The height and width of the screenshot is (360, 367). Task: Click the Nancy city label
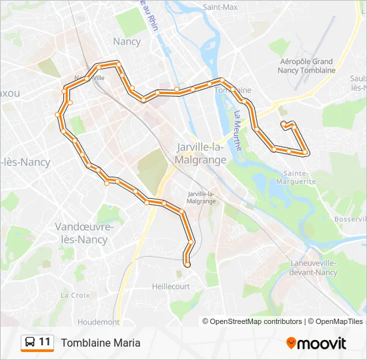[127, 41]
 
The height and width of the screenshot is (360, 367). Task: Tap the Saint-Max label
[220, 7]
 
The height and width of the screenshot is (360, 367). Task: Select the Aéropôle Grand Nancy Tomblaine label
[306, 65]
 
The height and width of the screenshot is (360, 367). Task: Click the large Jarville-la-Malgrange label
[201, 154]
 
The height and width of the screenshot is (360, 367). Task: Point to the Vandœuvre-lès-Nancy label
[84, 233]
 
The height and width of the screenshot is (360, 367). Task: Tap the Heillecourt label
[171, 286]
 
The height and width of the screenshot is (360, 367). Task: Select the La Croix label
[75, 295]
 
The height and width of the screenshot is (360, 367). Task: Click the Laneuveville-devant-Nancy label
[314, 267]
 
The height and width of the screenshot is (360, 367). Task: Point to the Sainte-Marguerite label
[295, 177]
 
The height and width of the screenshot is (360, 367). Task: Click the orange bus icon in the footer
[29, 343]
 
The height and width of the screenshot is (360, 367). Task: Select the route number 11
[45, 342]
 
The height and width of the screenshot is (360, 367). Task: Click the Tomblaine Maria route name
[101, 343]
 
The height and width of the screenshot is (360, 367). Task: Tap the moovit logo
[316, 343]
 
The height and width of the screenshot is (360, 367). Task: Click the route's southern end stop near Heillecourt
[187, 265]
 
